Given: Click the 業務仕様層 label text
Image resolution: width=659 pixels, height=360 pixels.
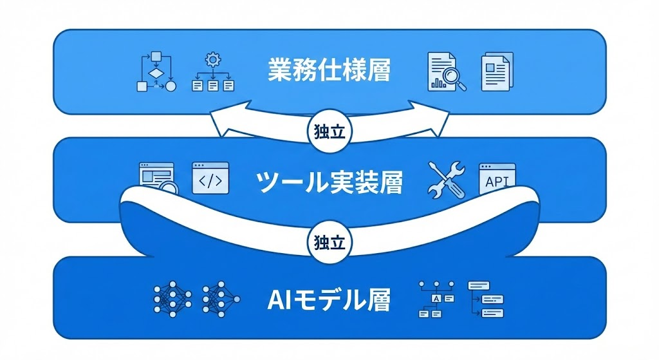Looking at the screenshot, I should point(329,70).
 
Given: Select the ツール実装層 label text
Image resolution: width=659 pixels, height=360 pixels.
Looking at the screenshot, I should point(329,183).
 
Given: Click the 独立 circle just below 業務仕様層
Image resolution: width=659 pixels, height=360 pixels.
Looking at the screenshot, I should point(330,132).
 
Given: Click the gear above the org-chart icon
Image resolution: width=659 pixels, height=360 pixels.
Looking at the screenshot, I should point(212,61).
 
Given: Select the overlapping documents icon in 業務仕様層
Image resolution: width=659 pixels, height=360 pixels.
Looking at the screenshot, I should point(497,71).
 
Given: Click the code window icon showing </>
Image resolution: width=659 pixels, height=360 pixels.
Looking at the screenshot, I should point(210,178).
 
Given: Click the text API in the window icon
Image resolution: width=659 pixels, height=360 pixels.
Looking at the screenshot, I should point(497,182).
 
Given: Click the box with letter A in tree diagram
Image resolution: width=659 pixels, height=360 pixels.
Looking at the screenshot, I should point(438,299).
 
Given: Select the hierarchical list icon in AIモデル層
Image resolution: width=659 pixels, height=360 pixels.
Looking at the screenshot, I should point(486,299).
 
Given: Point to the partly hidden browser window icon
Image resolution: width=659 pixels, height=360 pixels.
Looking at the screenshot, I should point(156,176).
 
